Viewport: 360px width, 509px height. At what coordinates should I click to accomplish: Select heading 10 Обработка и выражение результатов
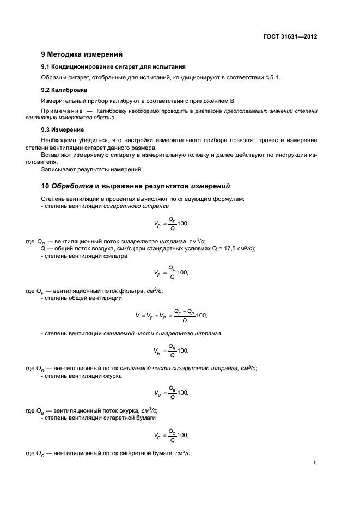(x=132, y=185)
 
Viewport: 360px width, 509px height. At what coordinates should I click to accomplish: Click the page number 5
(x=315, y=463)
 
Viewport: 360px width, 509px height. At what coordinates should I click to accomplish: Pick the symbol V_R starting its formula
(x=158, y=351)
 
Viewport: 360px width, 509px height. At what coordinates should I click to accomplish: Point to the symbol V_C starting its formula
(x=158, y=435)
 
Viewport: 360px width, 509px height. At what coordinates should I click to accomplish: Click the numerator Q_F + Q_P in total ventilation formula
(x=184, y=311)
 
